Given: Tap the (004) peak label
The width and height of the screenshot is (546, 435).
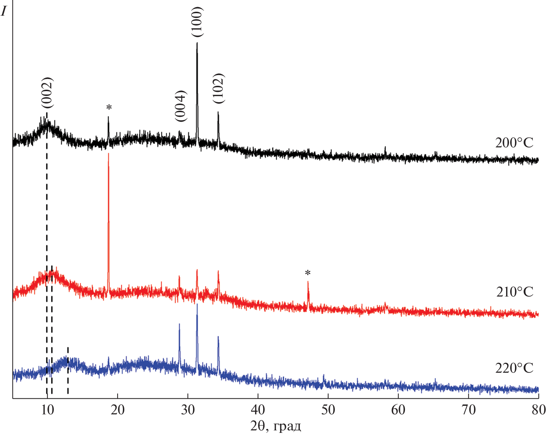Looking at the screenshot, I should tap(181, 106).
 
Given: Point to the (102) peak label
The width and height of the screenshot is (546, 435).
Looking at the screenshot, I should tap(218, 88).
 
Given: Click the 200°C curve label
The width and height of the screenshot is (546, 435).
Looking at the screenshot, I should tap(514, 143).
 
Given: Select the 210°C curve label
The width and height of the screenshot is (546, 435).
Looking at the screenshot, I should tap(515, 292).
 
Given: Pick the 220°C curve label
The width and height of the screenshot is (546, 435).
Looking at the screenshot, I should tap(514, 368).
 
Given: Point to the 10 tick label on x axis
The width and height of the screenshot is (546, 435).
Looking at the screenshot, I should tap(47, 410).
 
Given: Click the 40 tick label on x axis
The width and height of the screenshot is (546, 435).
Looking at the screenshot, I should tap(258, 410).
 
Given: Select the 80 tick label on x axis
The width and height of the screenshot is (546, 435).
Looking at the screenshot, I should tap(538, 410).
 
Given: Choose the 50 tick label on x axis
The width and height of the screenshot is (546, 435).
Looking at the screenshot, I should tap(328, 410).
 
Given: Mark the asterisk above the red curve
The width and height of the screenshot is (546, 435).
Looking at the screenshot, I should tap(308, 273).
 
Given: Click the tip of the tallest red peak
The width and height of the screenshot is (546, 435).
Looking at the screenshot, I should tap(108, 154).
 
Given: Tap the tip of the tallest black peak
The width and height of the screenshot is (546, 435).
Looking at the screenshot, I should tap(197, 43).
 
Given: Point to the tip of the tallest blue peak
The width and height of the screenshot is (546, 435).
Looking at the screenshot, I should tap(197, 305).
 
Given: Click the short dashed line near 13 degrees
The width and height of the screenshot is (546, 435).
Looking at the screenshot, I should tap(68, 370).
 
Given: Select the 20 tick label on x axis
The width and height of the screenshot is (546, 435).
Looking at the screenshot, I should tap(117, 410).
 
